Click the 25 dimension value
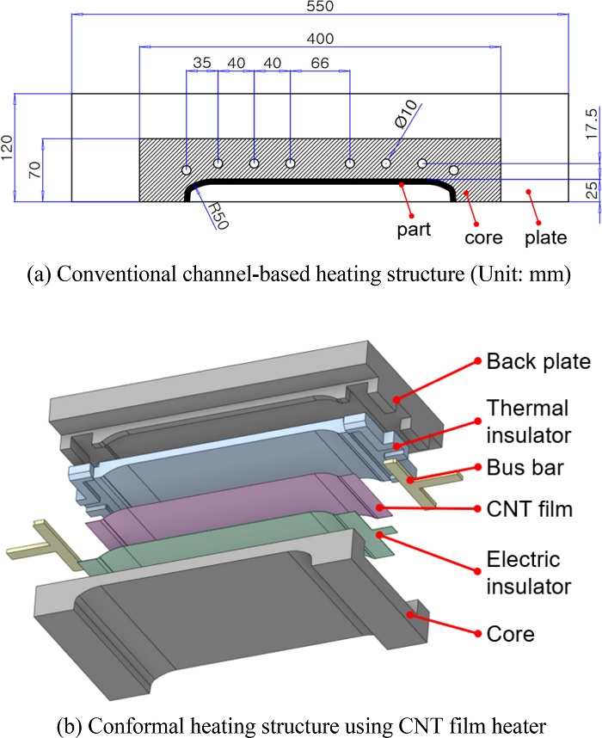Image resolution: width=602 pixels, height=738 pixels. [x=591, y=189]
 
